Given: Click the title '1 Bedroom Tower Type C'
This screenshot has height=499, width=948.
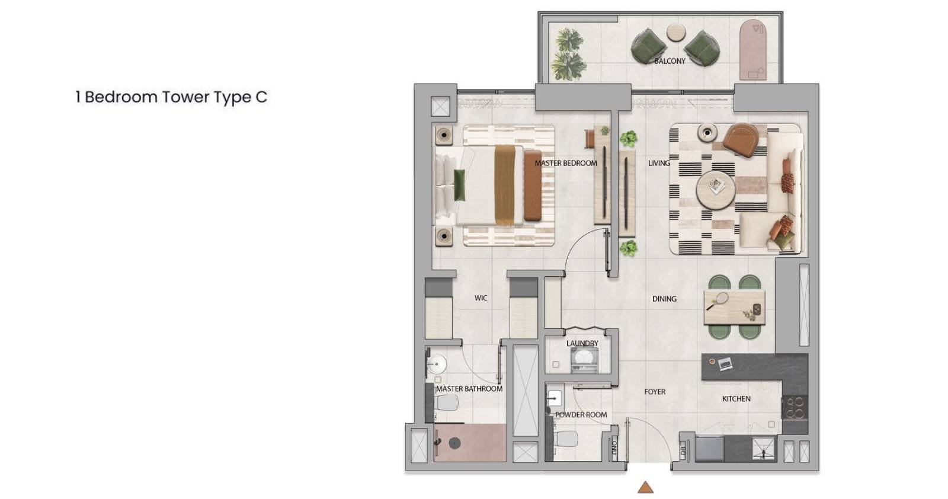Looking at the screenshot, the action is coord(171,97).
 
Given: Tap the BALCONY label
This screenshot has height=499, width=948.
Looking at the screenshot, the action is coord(670,61).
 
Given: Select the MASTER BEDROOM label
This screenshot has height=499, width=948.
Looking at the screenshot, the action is coord(565,163).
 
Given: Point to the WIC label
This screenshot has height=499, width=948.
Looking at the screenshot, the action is coord(481,298).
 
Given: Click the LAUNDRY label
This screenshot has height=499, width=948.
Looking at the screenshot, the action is coord(582,343).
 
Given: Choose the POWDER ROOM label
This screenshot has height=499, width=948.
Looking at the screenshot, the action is coord(581,415).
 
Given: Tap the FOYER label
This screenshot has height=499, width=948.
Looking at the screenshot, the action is coord(655,392).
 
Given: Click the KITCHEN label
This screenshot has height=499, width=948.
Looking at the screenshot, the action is coord(736,399).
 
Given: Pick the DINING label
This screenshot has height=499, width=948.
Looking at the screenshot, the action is coord(664,299).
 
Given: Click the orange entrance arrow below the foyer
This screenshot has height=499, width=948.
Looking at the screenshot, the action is coord(645,488).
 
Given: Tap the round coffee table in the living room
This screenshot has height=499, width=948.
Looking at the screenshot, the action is coord(715,190).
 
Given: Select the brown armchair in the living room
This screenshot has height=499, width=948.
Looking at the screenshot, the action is coord(741,140).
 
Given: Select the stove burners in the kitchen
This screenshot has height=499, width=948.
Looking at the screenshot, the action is coord(795,408).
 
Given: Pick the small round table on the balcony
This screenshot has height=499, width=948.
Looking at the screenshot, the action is coord(676,33).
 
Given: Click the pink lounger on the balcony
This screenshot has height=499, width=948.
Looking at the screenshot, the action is coord(753,50).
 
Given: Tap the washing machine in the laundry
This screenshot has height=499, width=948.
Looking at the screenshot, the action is coord(585,362).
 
